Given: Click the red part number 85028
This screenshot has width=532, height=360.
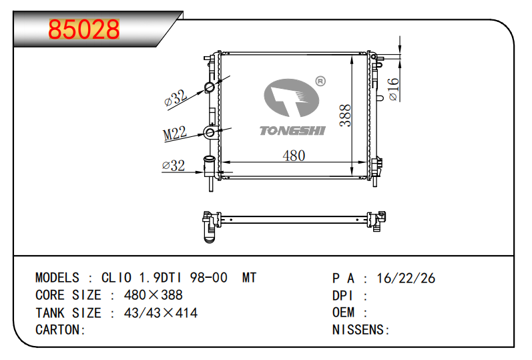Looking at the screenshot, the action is point(84,29).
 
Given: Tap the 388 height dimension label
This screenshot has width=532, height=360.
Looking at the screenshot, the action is point(345,116).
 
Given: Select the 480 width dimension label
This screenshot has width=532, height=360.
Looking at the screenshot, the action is point(294,156).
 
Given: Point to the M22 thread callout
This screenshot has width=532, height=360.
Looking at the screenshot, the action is point(175,133).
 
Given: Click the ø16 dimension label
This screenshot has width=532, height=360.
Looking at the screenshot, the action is point(393,89).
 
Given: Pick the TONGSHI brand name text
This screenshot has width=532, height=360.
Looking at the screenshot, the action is point(292,131).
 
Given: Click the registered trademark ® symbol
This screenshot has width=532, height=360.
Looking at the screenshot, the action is point(320,81).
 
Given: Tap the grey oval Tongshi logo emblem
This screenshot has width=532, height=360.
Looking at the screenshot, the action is point(292,98).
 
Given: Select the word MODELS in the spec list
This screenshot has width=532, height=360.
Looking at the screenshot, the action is point(57,278).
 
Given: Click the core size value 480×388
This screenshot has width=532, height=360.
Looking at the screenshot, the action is point(154,295).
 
